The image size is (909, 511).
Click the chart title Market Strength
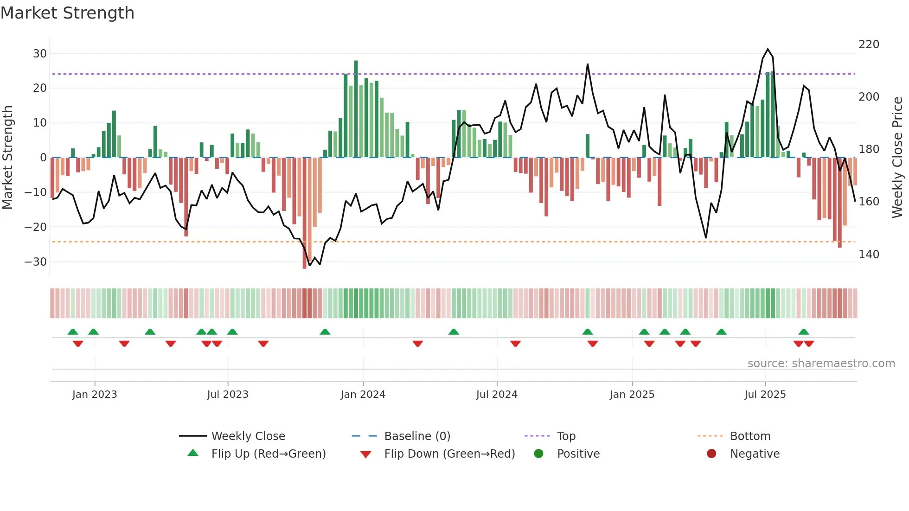coord(67,13)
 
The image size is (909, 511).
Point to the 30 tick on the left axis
coord(40,53)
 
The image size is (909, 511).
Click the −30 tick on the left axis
coord(36,262)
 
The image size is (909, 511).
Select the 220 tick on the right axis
coord(869,45)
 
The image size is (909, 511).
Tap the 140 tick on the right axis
coord(869,255)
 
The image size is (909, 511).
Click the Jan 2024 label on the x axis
coord(363,395)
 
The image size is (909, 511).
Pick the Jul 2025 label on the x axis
coord(765,395)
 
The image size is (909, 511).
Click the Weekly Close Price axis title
coord(897,158)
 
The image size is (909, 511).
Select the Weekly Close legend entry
coord(248,436)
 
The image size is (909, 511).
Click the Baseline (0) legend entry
coord(417,436)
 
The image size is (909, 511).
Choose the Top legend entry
coord(566,436)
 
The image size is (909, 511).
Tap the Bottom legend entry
coord(750,436)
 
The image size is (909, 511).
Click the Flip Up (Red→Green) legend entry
coord(269,454)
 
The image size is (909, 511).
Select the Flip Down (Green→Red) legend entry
coord(449,454)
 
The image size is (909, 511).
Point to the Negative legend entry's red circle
coord(711,454)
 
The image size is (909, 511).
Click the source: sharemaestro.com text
coord(821,364)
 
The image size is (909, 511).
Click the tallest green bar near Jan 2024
coord(356,109)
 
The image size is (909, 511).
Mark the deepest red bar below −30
coord(304,213)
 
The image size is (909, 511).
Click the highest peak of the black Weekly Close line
coord(768,49)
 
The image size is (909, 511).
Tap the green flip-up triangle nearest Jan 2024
coord(325,332)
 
